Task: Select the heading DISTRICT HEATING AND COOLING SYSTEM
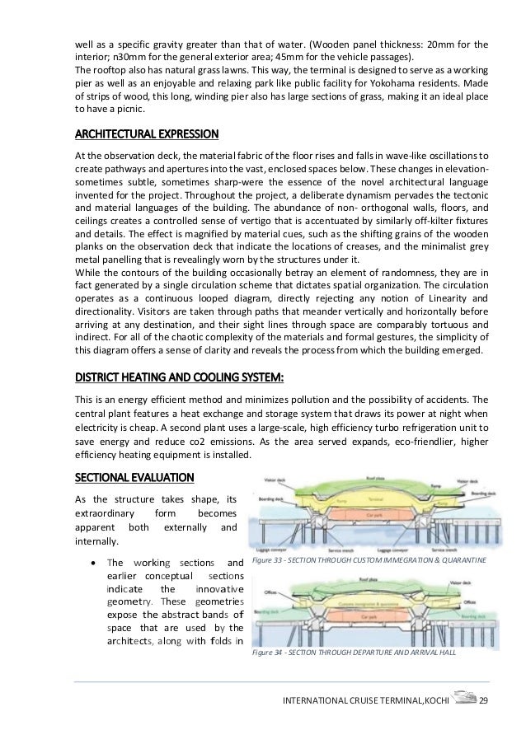(x=179, y=378)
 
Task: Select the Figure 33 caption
(x=369, y=559)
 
